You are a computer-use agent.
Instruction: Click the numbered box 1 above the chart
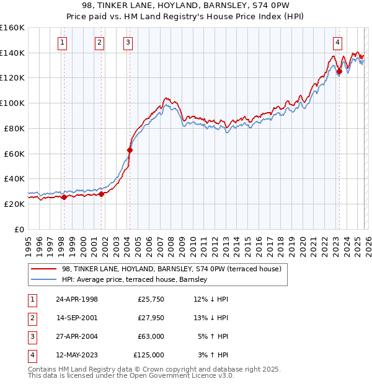coord(63,43)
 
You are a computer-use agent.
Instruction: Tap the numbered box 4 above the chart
coord(337,43)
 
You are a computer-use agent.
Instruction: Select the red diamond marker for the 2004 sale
coord(130,150)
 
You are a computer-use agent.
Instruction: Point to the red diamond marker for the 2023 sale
coord(339,72)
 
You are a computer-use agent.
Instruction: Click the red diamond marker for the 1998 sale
coord(64,197)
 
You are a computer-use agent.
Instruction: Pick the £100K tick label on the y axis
coord(12,103)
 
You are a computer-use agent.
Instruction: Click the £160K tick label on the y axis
coord(12,28)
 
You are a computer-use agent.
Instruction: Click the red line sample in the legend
coord(44,269)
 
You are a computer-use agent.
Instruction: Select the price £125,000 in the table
coord(149,355)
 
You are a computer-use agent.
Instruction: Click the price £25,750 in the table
coord(151,299)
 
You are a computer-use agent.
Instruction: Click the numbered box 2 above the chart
coord(99,43)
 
